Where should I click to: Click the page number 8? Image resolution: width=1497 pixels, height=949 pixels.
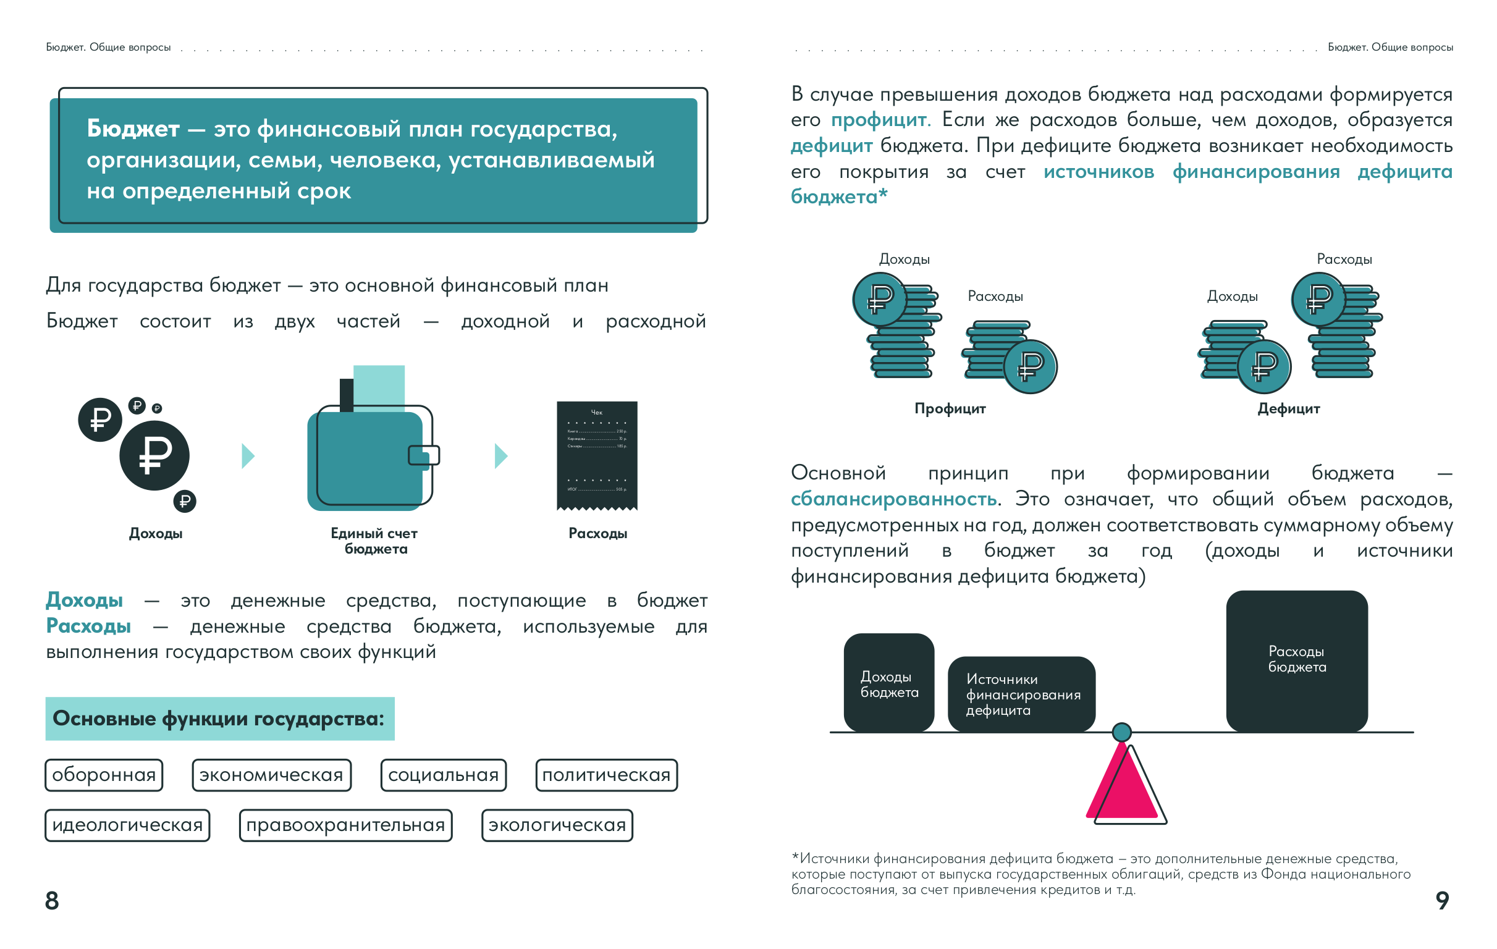point(53,900)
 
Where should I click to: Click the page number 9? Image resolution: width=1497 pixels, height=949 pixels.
point(1441,900)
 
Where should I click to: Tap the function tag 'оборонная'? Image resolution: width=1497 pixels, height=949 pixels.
point(104,775)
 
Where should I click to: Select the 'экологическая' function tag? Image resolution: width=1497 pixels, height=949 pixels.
point(557,825)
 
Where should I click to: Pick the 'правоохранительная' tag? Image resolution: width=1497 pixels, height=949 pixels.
point(345,825)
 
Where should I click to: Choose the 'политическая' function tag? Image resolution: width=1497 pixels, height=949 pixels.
point(606,775)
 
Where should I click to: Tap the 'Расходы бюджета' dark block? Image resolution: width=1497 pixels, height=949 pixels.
point(1297,660)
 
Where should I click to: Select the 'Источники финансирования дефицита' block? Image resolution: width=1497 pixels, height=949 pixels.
point(1021,694)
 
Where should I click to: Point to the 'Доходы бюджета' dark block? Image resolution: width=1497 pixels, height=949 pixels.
point(889,683)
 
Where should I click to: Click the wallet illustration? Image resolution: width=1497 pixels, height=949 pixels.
point(370,457)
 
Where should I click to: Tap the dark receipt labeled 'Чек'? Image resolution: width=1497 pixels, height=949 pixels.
point(597,455)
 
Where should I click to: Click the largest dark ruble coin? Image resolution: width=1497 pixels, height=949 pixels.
point(154,455)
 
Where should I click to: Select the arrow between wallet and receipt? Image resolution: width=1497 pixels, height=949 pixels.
point(500,456)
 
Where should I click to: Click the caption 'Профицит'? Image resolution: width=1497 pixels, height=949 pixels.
point(950,408)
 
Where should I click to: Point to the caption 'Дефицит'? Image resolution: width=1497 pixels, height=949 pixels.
point(1288,408)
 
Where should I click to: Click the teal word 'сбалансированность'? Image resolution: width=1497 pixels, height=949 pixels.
point(894,499)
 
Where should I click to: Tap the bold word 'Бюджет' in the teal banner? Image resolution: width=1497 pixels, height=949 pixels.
point(133,129)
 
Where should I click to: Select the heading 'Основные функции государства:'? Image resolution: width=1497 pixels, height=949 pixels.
point(219,719)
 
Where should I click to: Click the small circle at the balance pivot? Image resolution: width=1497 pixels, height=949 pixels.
point(1121,732)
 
